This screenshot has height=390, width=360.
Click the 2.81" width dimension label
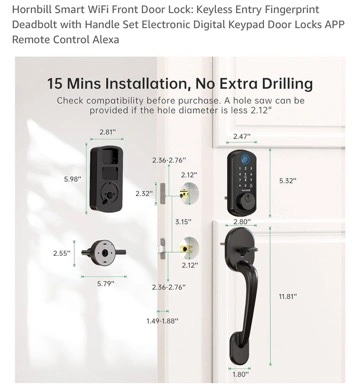pos(108,132)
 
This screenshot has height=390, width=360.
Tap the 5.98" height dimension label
pos(73,179)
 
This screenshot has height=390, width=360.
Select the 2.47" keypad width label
pos(242,136)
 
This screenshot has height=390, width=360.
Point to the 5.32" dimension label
pos(288,181)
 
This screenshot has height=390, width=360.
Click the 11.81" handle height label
pos(288,296)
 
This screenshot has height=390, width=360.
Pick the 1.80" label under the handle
pos(240,374)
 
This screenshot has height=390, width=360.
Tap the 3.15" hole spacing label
pos(183,222)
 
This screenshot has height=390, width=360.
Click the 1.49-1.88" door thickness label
pos(162,321)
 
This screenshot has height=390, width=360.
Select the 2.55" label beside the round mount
pos(62,253)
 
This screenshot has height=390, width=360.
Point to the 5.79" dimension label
pos(106,284)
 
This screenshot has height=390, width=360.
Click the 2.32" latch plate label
pos(144,193)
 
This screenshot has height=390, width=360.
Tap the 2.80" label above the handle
pos(242,222)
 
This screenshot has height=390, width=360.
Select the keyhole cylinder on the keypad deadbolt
pos(248,201)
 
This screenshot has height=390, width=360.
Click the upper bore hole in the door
pos(189,192)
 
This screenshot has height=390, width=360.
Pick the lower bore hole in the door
pos(189,248)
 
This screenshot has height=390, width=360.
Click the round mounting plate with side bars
pos(104,253)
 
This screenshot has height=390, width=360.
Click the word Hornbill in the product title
pos(32,9)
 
